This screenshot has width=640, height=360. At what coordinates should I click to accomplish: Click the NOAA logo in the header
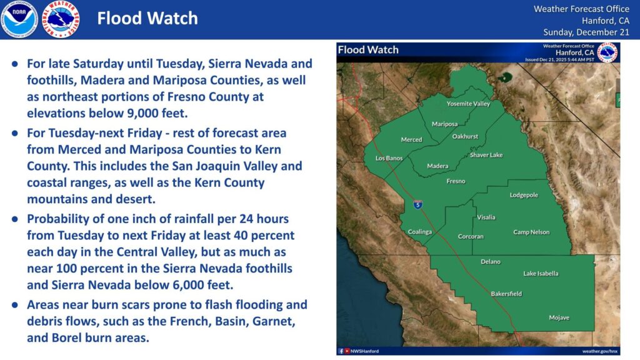[x=19, y=19]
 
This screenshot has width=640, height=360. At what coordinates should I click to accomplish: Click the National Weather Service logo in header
[x=60, y=19]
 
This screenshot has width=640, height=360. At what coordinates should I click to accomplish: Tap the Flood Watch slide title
[x=147, y=19]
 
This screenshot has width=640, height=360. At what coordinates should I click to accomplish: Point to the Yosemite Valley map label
[x=468, y=104]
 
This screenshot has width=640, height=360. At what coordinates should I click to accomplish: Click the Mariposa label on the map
[x=444, y=124]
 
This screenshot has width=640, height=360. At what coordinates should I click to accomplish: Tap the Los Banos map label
[x=389, y=158]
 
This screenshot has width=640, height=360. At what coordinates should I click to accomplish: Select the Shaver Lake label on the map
[x=486, y=155]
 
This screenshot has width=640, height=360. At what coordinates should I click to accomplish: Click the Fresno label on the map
[x=455, y=181]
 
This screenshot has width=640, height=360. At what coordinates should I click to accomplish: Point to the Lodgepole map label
[x=524, y=195]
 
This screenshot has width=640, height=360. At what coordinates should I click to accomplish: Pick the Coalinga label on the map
[x=420, y=232]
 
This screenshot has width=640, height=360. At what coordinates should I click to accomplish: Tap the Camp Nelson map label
[x=531, y=232]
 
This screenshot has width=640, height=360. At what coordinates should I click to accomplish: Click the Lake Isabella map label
[x=541, y=274]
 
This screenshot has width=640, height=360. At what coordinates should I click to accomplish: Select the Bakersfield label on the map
[x=506, y=294]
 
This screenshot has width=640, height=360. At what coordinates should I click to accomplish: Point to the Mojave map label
[x=559, y=317]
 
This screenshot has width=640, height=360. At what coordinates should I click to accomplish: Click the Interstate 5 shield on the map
[x=417, y=204]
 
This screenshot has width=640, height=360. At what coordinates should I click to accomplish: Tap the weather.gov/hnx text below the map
[x=599, y=351]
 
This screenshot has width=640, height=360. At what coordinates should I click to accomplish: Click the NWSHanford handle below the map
[x=364, y=351]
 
